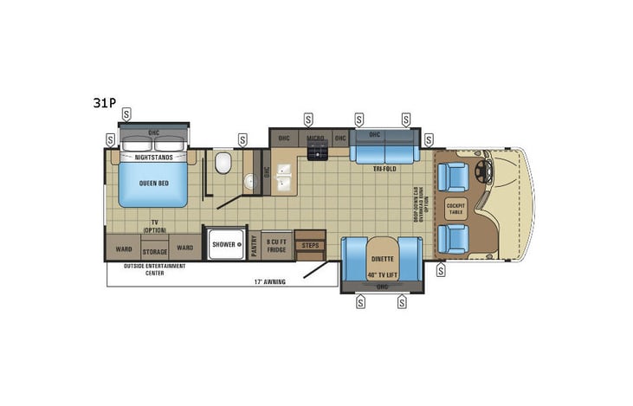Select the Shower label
(223, 245)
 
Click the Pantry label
(255, 245)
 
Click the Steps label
(309, 246)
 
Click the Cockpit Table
(455, 208)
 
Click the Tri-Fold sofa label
(384, 169)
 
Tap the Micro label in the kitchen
(316, 139)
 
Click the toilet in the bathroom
(222, 163)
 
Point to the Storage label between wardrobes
(154, 254)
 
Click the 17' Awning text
(269, 282)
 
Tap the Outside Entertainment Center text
(154, 269)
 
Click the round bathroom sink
(249, 181)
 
